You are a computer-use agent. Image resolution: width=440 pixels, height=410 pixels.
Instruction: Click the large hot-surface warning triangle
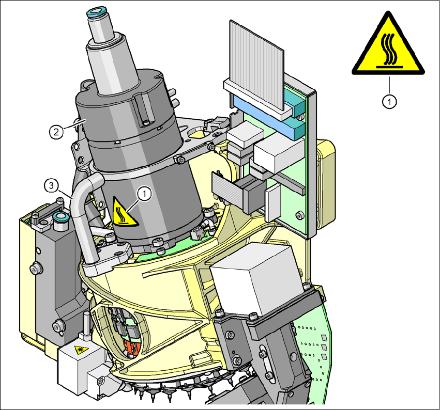(x=388, y=46)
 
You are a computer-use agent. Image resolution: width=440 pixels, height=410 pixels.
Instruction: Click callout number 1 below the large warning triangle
(x=389, y=101)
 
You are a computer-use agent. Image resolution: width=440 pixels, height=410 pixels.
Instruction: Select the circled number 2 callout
(x=56, y=132)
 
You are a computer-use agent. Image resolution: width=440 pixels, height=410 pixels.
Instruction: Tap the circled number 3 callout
(x=51, y=186)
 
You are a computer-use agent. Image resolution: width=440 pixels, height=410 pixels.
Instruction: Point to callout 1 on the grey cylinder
(x=145, y=194)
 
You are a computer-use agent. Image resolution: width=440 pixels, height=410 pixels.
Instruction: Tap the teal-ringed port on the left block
(x=60, y=217)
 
